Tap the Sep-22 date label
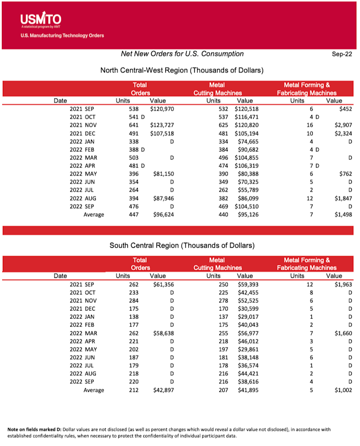pyautogui.click(x=342, y=54)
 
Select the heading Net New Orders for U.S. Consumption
pyautogui.click(x=182, y=54)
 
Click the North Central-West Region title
pyautogui.click(x=182, y=70)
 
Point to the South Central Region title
pyautogui.click(x=182, y=245)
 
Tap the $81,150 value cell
pyautogui.click(x=163, y=174)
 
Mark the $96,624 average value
pyautogui.click(x=163, y=214)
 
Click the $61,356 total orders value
pyautogui.click(x=163, y=284)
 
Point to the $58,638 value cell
pyautogui.click(x=163, y=333)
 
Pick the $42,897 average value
pyautogui.click(x=163, y=390)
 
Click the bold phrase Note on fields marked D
pyautogui.click(x=36, y=429)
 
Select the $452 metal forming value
pyautogui.click(x=345, y=109)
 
